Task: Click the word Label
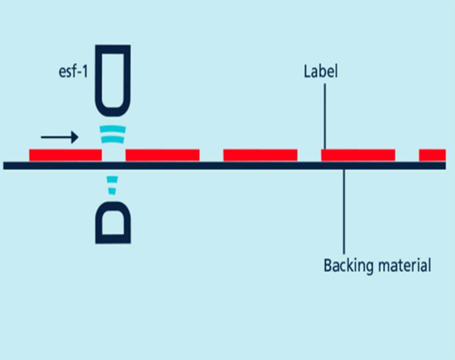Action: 320,72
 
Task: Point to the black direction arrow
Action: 59,137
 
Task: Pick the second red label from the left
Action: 162,155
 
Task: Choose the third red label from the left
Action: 260,155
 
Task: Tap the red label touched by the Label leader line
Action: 358,155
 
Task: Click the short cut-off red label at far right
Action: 432,155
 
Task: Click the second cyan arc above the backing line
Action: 113,139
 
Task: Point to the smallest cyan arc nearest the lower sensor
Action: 113,191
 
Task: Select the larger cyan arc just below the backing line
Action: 113,179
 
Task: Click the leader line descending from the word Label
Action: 325,115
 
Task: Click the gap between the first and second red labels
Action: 114,155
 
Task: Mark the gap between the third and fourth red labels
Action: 309,155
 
